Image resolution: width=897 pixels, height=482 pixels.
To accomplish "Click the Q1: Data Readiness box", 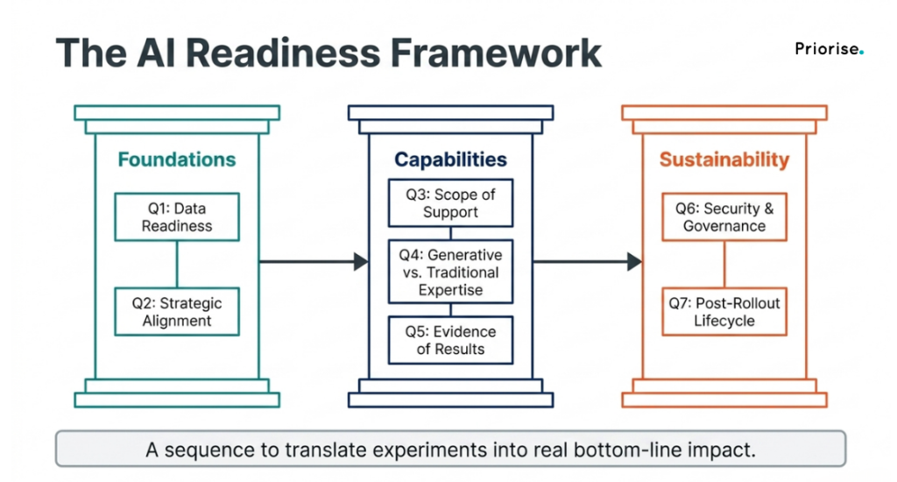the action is coord(177,217).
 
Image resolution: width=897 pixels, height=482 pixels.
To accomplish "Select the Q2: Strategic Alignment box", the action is coord(177,311).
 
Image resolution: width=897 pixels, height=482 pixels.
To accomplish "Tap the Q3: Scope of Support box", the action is coord(451,202).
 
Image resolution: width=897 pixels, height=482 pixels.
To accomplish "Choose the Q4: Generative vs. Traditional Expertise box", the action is coord(451,272).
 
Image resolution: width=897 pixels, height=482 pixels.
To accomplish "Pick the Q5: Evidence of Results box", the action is coord(451,340).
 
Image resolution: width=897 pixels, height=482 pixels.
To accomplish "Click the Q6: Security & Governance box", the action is coord(724,217).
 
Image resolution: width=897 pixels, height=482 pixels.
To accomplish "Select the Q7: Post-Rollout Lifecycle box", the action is coord(724,311).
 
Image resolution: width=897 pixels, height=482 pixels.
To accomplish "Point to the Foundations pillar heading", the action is coord(177,159).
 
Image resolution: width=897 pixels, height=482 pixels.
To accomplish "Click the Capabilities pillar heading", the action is coord(451,159).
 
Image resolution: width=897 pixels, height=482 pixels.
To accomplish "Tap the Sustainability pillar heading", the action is coord(724,159).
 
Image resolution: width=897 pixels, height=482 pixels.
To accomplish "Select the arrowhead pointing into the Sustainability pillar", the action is coord(635,262).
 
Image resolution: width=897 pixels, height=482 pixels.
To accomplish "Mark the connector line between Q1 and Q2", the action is coord(177,265).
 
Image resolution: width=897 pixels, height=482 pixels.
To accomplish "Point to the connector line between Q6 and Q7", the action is coord(724,265).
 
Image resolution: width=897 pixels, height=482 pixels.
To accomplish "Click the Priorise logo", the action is coord(830,49).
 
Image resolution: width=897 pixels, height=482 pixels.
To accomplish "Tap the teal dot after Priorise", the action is coord(862,53).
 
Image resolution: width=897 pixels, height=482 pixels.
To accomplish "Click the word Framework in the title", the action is coord(496,53).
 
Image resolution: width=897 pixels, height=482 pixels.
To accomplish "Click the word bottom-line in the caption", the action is coord(627,450).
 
